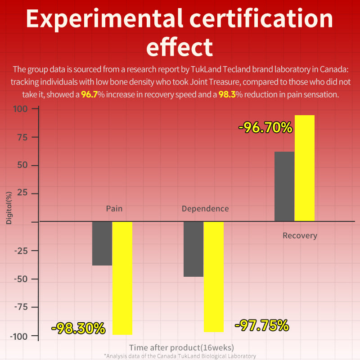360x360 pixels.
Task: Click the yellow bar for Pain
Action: (x=122, y=278)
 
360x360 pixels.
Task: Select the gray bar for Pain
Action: (x=102, y=243)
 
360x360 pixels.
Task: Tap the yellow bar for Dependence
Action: (x=213, y=276)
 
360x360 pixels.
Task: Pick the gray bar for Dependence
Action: (x=193, y=249)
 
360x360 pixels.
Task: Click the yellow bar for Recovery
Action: (x=305, y=168)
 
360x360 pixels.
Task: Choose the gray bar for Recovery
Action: (x=284, y=186)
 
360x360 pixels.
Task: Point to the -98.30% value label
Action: (x=78, y=328)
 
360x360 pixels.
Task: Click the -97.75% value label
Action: (x=261, y=325)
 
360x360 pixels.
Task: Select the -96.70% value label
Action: (x=265, y=128)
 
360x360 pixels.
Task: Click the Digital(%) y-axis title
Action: (x=9, y=207)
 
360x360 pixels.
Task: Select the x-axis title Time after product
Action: (x=181, y=347)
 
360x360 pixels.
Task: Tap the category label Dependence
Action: (x=205, y=209)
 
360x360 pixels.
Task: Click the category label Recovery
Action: (x=300, y=235)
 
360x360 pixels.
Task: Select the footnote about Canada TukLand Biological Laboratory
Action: (x=180, y=356)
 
